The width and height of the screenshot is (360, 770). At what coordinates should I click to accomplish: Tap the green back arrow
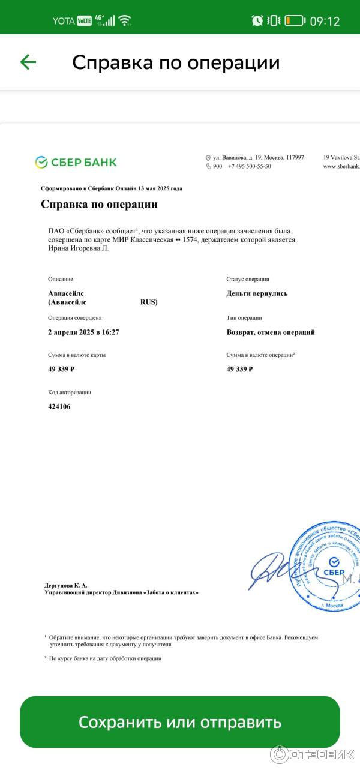pos(28,62)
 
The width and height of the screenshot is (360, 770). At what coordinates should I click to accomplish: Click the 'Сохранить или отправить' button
pos(180,722)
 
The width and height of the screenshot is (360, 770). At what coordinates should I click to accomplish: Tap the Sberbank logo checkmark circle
pos(41,162)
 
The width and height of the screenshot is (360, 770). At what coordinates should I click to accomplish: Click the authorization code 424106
pos(59,406)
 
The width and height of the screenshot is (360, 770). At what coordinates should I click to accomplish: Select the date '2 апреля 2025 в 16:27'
pos(83,332)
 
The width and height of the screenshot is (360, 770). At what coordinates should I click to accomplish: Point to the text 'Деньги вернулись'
pos(257,293)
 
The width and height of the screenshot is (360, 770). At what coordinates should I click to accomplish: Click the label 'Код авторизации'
pos(70,392)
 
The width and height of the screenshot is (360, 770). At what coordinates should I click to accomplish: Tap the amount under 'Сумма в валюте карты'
pos(61,369)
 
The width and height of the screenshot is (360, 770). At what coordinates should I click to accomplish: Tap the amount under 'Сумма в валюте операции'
pos(239,369)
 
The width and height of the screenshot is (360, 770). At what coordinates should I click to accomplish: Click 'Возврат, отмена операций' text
pos(271,332)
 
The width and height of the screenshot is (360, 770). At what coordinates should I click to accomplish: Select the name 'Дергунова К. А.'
pos(65,585)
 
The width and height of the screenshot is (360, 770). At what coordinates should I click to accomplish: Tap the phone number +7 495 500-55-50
pos(249,166)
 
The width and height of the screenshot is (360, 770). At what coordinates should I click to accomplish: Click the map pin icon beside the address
pos(208,158)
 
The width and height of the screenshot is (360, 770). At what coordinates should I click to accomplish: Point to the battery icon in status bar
pos(295,20)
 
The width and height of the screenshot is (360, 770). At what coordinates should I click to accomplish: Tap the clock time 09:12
pos(325,21)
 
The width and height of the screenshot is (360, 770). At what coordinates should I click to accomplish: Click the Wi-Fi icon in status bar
pos(125,20)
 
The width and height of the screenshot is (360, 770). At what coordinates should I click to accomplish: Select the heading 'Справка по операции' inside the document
pos(99,204)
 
